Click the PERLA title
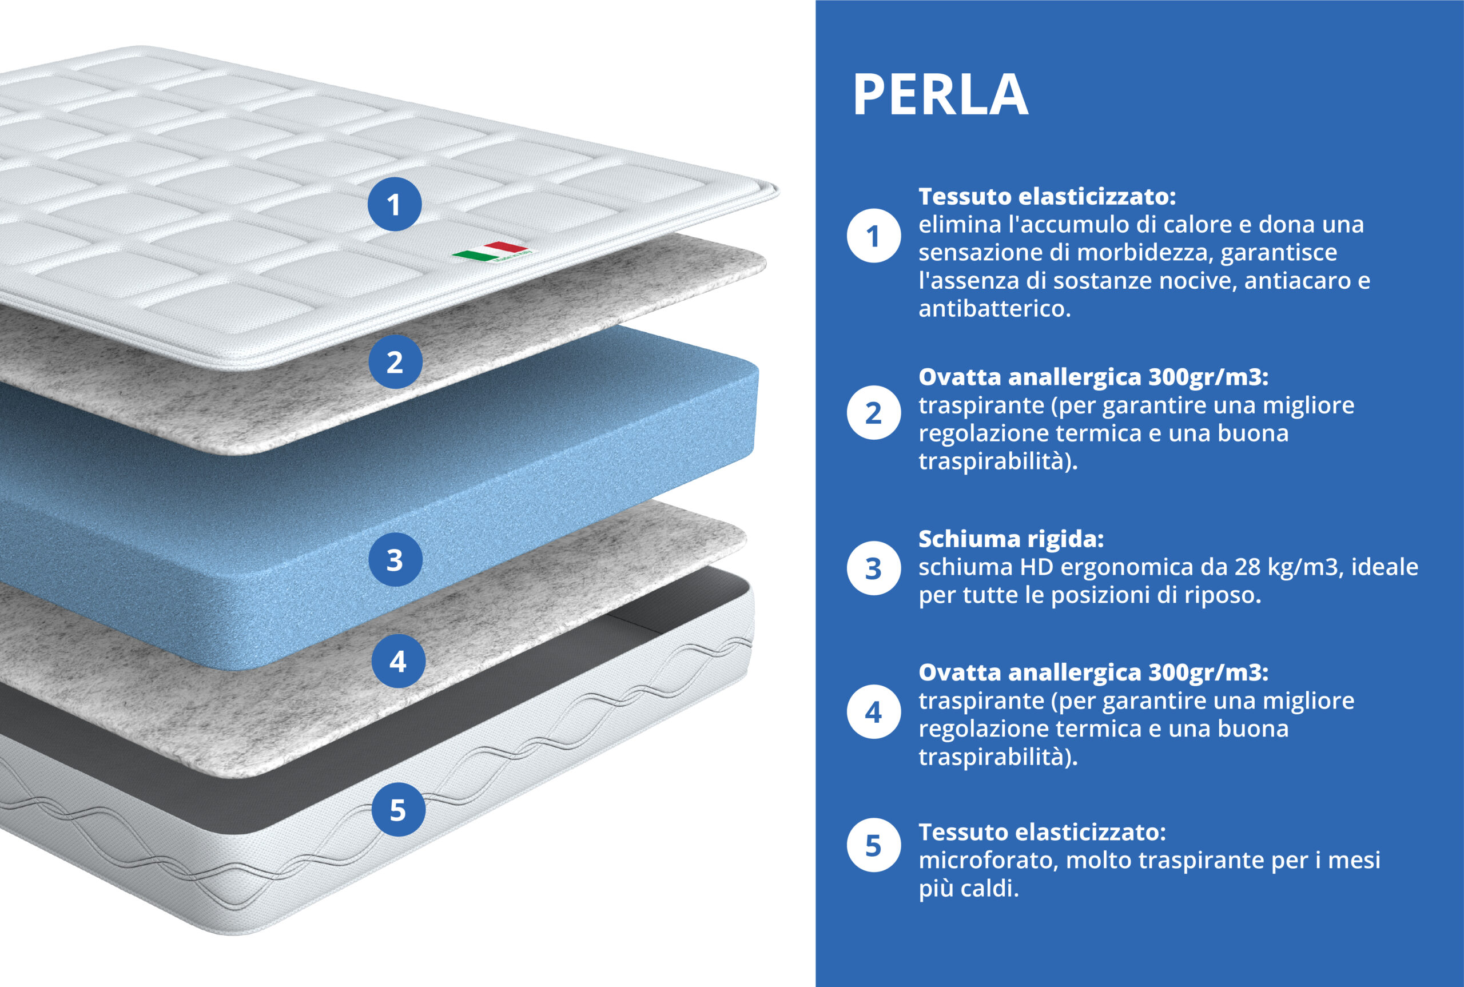[940, 94]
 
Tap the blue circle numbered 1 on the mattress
[395, 204]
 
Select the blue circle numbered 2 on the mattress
[395, 361]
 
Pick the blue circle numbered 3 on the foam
[395, 560]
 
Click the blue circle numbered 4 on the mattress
[398, 661]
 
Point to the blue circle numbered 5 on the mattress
[398, 810]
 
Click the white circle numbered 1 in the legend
[873, 236]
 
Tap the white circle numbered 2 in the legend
[873, 413]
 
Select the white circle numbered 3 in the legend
[873, 568]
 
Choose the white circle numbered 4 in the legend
[873, 712]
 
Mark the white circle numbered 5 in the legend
[873, 845]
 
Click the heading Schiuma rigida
[1011, 539]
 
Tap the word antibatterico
[994, 308]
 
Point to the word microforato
[988, 860]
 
